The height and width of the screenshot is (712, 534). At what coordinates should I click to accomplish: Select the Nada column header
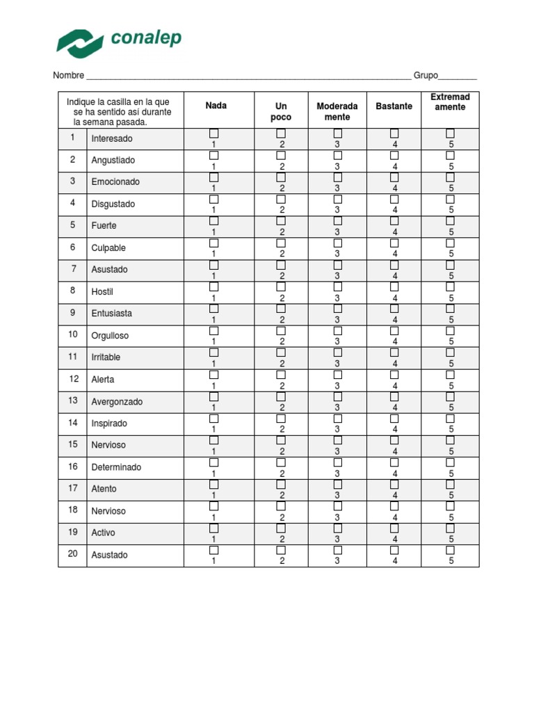(x=216, y=106)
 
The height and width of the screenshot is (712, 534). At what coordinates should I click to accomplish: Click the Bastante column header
(x=394, y=106)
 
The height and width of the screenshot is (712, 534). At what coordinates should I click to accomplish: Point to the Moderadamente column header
(x=337, y=111)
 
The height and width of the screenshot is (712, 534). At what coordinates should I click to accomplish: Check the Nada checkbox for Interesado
(x=214, y=133)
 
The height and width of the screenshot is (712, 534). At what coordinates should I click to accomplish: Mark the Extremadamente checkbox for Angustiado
(x=451, y=156)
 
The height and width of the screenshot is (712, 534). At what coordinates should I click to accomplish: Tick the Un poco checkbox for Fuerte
(x=282, y=221)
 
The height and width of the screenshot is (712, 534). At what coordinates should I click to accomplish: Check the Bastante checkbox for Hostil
(x=394, y=286)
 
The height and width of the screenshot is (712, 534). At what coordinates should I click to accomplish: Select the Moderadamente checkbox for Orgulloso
(x=337, y=330)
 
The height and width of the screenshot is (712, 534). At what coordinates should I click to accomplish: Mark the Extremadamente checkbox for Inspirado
(x=451, y=418)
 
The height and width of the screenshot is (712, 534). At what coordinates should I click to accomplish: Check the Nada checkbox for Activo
(x=214, y=528)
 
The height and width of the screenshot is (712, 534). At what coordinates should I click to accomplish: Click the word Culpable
(x=108, y=248)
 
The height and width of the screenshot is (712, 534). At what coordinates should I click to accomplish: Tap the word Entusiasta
(x=111, y=313)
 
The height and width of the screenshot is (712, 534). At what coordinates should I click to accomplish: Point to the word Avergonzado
(x=117, y=401)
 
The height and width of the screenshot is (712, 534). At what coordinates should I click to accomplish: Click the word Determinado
(x=116, y=467)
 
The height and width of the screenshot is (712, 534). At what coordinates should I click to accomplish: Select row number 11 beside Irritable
(x=72, y=356)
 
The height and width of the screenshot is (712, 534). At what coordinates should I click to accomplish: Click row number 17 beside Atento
(x=72, y=487)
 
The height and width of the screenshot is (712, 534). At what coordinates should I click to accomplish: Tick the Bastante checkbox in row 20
(x=394, y=549)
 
